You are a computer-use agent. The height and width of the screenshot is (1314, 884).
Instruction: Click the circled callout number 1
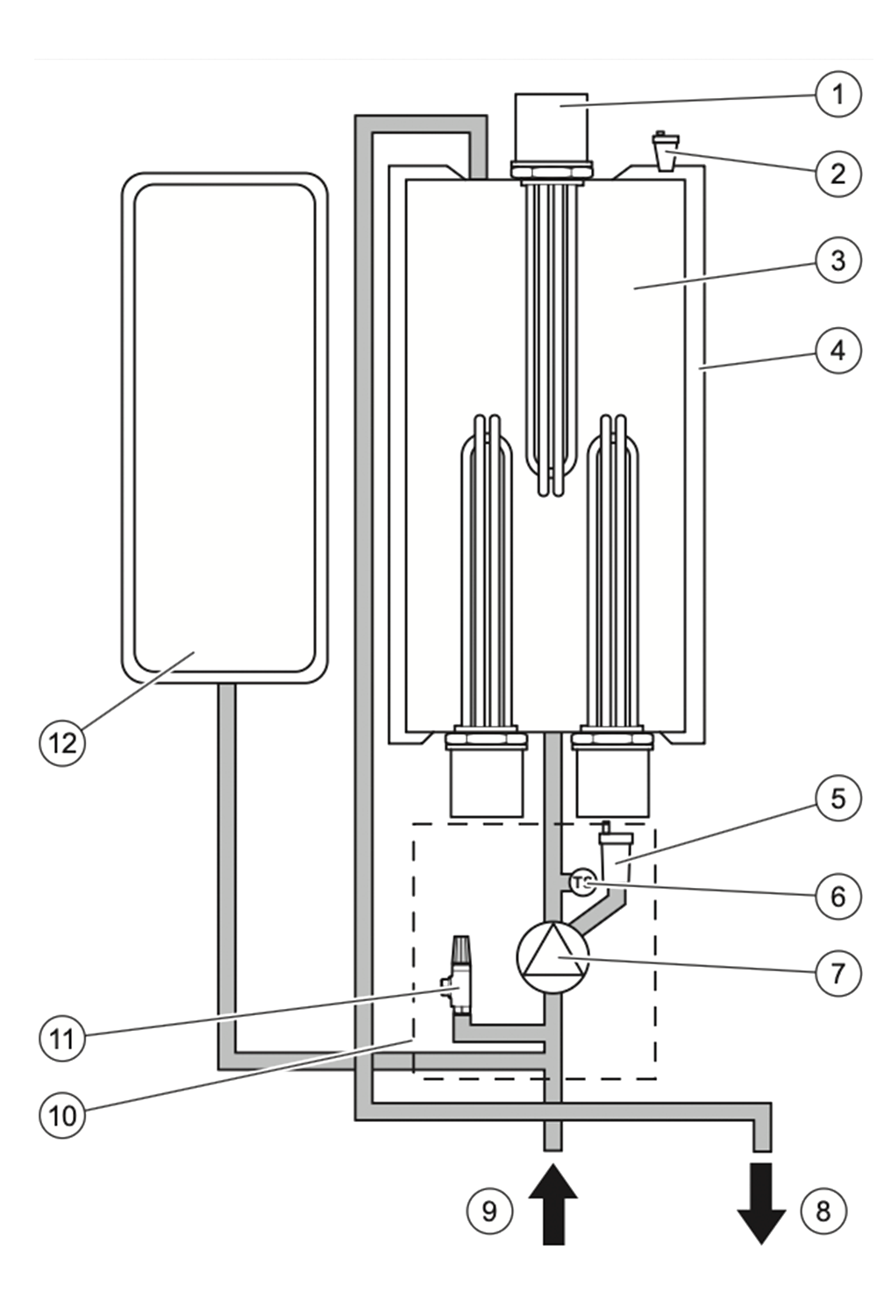tap(838, 95)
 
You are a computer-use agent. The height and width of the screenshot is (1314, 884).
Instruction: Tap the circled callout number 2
tap(838, 174)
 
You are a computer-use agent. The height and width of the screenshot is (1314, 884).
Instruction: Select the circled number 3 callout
tap(838, 260)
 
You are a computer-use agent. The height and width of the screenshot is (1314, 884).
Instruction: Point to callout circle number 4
tap(838, 351)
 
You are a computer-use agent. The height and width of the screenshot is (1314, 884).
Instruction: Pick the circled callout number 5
tap(838, 799)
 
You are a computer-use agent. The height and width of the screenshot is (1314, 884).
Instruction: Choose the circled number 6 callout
tap(838, 897)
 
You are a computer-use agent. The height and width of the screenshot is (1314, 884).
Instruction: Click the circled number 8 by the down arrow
tap(823, 1211)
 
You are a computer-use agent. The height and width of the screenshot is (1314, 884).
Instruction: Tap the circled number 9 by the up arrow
tap(489, 1211)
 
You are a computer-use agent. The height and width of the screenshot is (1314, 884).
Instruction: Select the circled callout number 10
tap(62, 1115)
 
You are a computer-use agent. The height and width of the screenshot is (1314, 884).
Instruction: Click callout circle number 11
tap(62, 1039)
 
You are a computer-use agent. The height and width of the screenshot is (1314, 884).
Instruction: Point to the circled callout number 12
tap(62, 743)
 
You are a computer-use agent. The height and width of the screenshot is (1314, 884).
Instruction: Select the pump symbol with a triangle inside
tap(552, 958)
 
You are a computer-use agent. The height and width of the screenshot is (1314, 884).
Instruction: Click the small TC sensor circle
tap(582, 883)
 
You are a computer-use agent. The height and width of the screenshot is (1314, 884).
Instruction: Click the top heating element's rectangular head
tap(551, 128)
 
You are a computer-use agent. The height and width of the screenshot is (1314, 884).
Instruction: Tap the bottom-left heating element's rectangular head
tap(487, 783)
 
